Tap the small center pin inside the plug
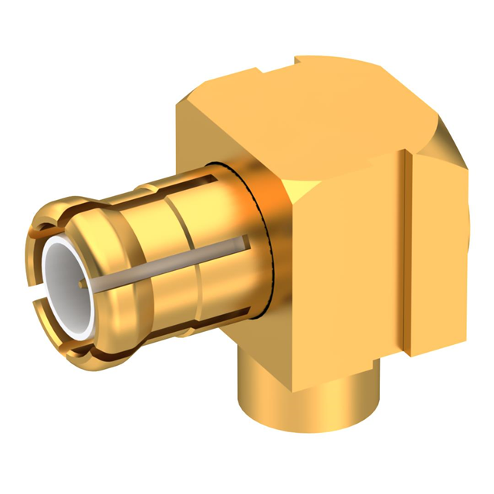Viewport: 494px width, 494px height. tap(83, 288)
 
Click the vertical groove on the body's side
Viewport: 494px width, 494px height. tap(407, 255)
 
